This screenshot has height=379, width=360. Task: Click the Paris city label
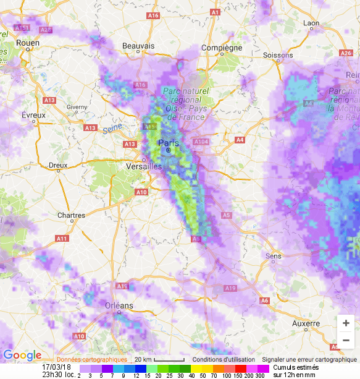coord(168,143)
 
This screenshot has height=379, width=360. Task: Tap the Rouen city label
coord(28,43)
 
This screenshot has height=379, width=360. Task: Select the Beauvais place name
coord(138,46)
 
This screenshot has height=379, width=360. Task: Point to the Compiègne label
coord(222,48)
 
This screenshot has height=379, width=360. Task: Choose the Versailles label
coord(143,166)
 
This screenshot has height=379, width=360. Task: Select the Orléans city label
coord(119,305)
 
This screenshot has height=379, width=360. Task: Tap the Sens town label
coord(273,255)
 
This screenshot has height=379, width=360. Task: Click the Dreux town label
coord(57,165)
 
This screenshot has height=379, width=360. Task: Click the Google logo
coord(22,355)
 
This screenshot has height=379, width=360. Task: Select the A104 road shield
coord(201,142)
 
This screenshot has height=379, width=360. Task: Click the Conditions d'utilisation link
coord(223,360)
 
